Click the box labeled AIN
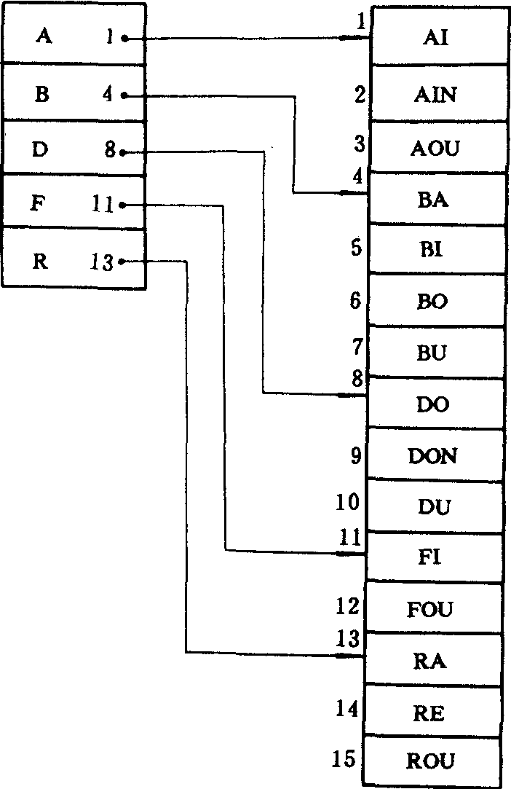click(x=437, y=94)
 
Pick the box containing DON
click(x=432, y=456)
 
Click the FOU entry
click(x=430, y=608)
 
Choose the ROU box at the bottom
click(x=430, y=761)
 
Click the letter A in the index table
click(x=44, y=36)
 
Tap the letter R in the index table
click(x=41, y=261)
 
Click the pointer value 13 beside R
click(x=103, y=262)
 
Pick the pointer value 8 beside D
click(x=110, y=152)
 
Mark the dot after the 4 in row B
click(x=124, y=95)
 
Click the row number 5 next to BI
click(x=355, y=248)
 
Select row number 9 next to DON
click(x=356, y=456)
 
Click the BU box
click(x=433, y=353)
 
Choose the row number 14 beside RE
click(x=347, y=708)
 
